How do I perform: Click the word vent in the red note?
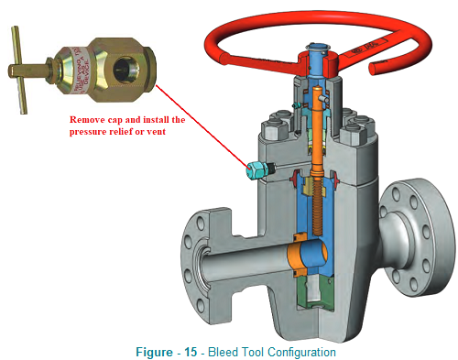coord(169,132)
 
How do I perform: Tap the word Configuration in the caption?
coord(293,351)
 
